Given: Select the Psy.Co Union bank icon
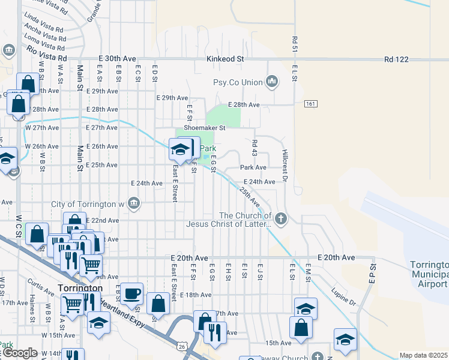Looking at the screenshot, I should click(272, 82).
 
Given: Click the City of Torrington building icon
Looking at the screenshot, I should click(134, 204).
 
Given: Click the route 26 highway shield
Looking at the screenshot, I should click(181, 346).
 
